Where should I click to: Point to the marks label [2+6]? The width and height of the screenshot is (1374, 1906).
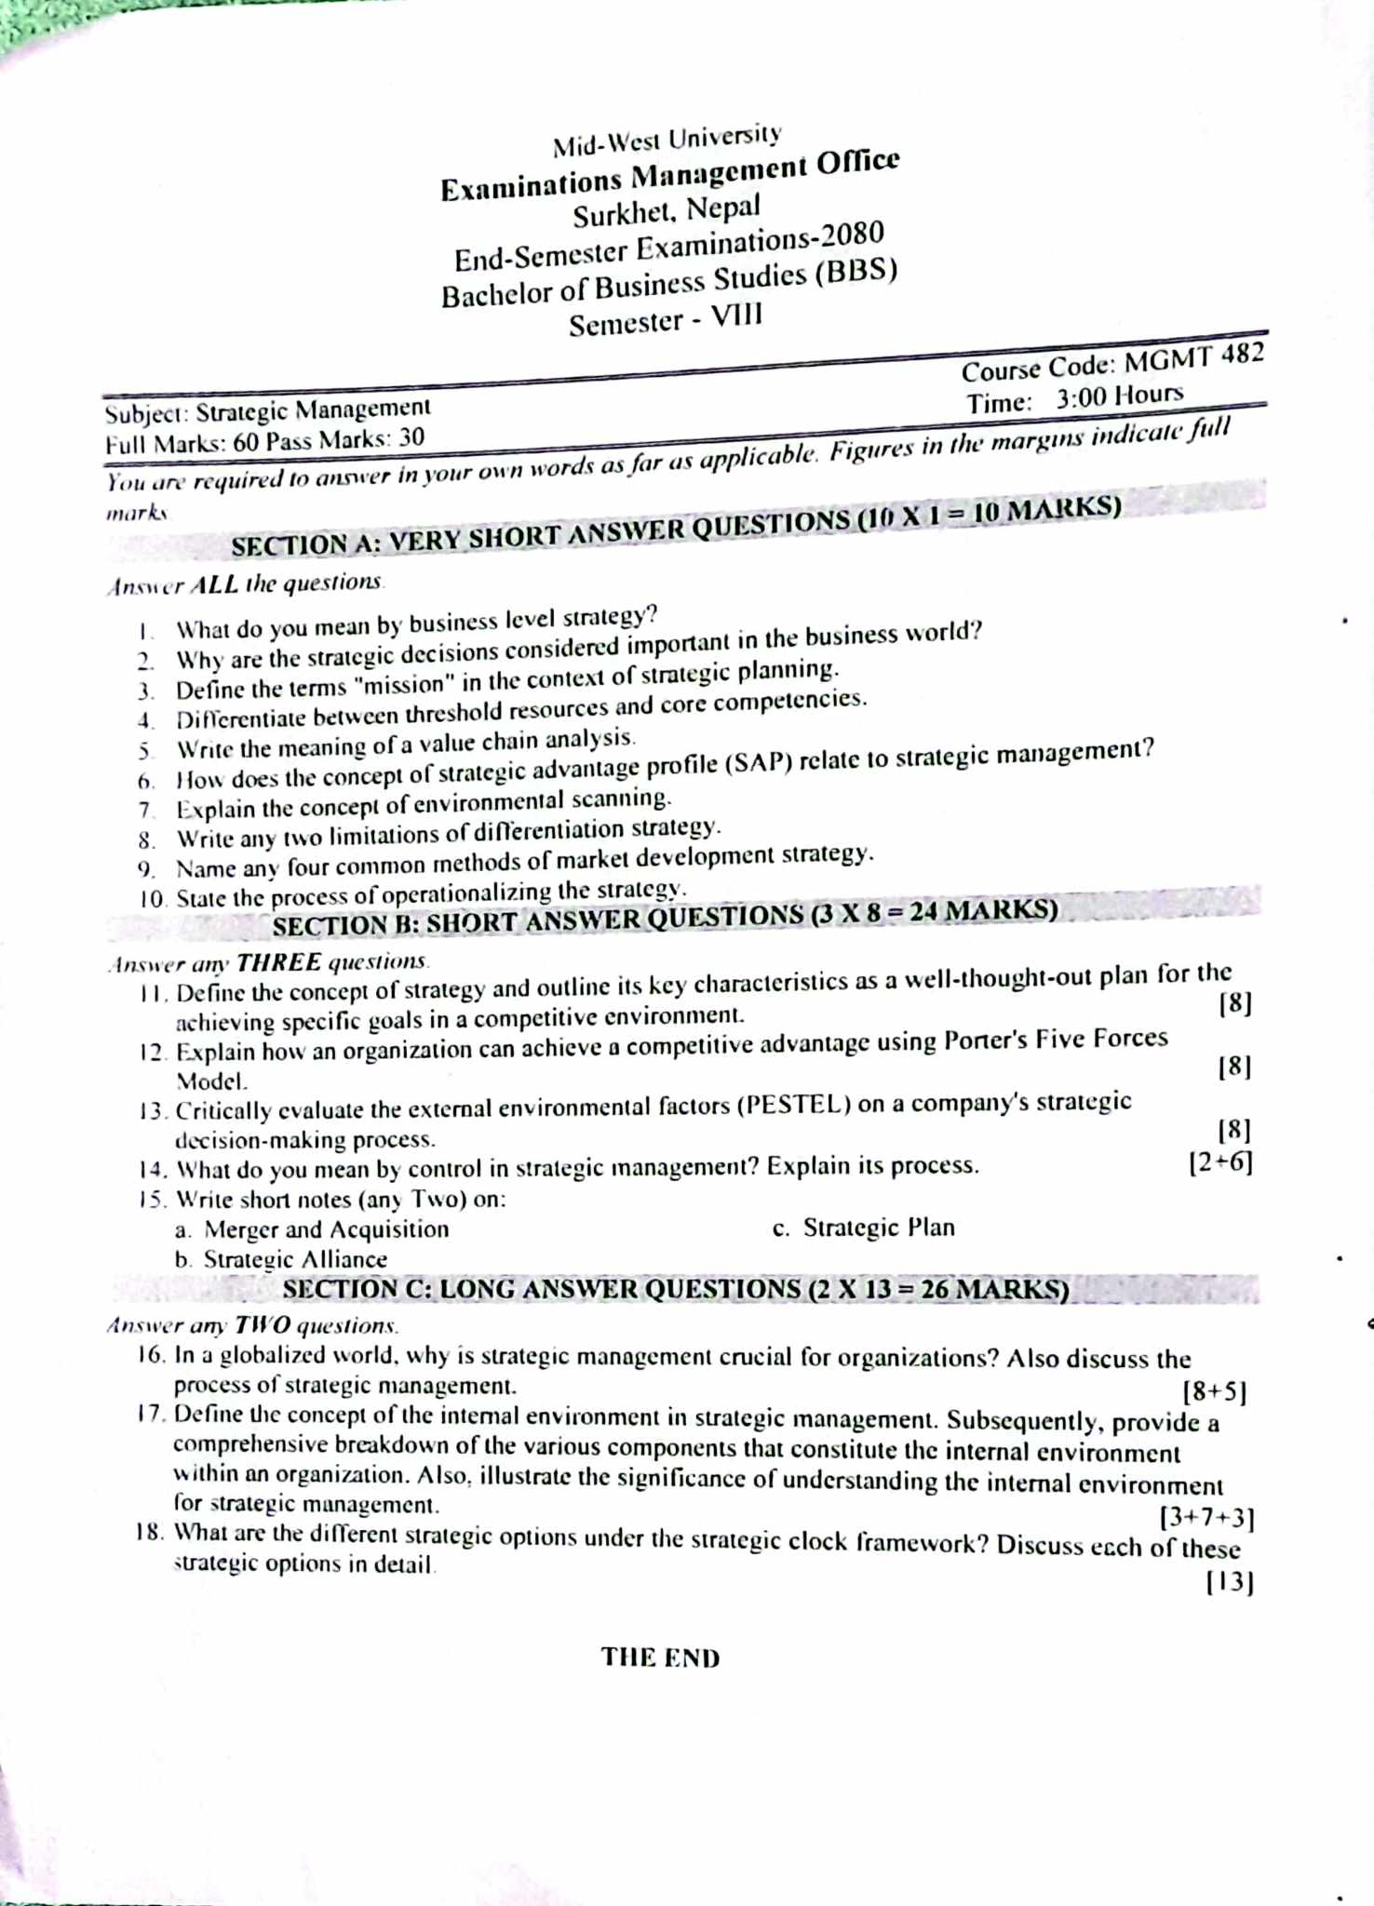1220,1162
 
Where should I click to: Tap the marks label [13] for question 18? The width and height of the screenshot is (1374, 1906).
1229,1582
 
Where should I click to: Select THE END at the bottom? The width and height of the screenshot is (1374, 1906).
660,1658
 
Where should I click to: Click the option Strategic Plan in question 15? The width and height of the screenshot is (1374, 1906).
879,1228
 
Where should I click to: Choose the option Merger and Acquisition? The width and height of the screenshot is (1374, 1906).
326,1229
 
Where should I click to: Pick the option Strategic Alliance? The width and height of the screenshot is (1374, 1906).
295,1259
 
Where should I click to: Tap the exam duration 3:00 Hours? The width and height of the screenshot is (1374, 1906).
1119,397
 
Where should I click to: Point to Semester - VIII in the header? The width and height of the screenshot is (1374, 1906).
665,321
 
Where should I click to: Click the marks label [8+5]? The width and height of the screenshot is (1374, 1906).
1214,1391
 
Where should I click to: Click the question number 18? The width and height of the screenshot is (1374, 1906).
150,1532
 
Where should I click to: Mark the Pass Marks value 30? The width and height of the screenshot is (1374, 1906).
411,437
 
